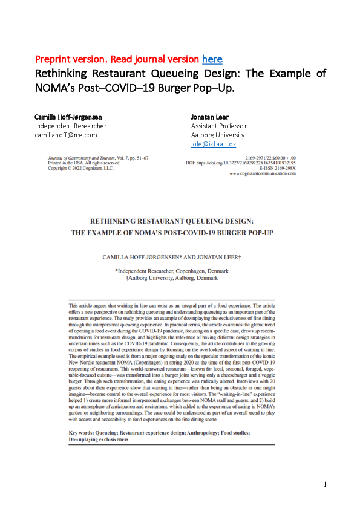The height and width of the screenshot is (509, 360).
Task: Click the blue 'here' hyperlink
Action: coord(212,59)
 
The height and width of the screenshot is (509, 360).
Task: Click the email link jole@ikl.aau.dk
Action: coord(213,144)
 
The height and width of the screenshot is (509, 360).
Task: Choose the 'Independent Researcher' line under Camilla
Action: coord(71,126)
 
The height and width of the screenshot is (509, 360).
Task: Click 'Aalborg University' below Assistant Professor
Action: coord(218,135)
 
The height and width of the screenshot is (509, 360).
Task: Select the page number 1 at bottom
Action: coord(325,484)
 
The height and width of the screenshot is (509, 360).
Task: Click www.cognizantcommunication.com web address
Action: coord(263,173)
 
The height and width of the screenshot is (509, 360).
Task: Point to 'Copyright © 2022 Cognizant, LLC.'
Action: coord(80,169)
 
